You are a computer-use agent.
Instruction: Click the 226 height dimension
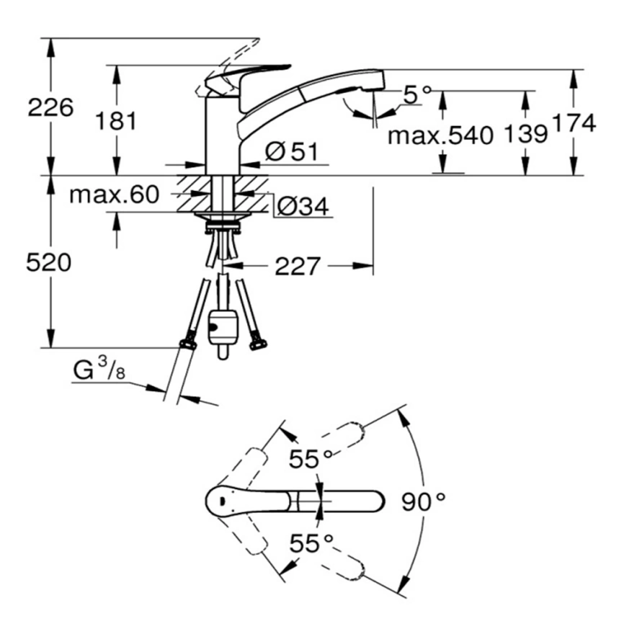click(50, 107)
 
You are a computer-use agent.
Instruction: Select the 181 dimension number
click(116, 120)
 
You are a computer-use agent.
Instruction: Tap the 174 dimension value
click(574, 123)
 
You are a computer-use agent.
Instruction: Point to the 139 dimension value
click(525, 134)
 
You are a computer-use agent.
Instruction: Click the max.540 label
click(440, 135)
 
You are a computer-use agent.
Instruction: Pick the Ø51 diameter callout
click(292, 151)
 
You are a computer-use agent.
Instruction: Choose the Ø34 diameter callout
click(303, 207)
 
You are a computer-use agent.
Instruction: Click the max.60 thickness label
click(115, 195)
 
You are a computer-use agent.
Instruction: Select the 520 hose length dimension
click(48, 263)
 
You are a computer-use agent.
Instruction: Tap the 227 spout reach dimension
click(298, 266)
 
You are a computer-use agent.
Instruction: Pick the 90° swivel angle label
click(423, 502)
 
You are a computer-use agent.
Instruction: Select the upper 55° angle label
click(311, 459)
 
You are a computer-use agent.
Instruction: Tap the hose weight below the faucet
click(223, 334)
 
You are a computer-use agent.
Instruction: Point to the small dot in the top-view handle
click(222, 500)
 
